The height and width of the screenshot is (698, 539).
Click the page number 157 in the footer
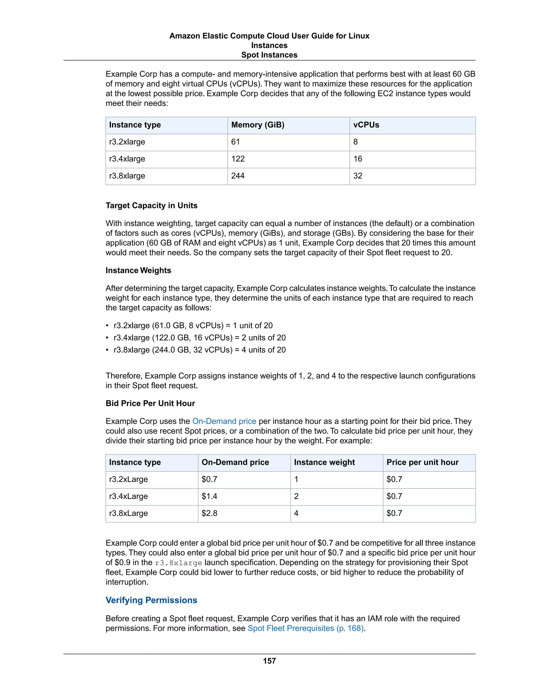pos(269,661)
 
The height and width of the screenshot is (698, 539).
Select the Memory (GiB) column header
pos(257,125)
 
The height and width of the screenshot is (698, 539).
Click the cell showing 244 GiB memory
pos(238,176)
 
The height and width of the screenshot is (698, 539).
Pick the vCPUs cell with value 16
pos(358,159)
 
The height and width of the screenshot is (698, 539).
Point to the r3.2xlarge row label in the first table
pos(127,142)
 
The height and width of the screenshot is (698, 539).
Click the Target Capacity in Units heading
pos(151,205)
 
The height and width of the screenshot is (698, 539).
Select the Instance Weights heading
pos(138,271)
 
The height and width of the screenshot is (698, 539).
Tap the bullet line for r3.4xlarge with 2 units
pos(199,338)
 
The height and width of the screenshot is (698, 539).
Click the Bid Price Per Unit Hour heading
pos(150,403)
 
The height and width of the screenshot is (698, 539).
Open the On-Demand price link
pos(224,421)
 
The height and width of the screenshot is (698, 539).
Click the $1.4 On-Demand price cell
pos(209,496)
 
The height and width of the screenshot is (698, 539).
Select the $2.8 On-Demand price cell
pos(209,513)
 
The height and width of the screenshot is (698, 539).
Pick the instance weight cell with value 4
pos(296,513)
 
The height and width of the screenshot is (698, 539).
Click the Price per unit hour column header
pos(422,463)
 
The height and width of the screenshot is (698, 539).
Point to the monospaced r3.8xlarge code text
pos(178,563)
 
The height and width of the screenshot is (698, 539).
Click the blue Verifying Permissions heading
pos(151,600)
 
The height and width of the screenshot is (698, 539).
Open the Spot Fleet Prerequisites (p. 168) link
pos(306,628)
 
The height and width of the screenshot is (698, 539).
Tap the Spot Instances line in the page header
pos(269,55)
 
